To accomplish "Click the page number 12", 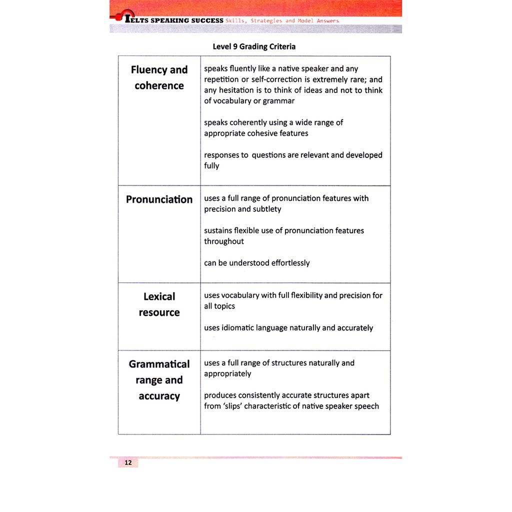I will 128,462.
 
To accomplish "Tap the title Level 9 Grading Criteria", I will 254,46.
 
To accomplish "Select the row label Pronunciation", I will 159,199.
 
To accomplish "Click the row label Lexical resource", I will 159,304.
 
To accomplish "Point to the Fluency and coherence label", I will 159,77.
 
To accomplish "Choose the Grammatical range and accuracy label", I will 159,380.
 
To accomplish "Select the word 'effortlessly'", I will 290,263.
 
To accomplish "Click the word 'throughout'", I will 224,241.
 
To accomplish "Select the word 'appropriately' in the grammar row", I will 227,374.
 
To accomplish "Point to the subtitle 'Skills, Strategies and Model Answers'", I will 282,21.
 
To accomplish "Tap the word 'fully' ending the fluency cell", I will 211,166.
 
